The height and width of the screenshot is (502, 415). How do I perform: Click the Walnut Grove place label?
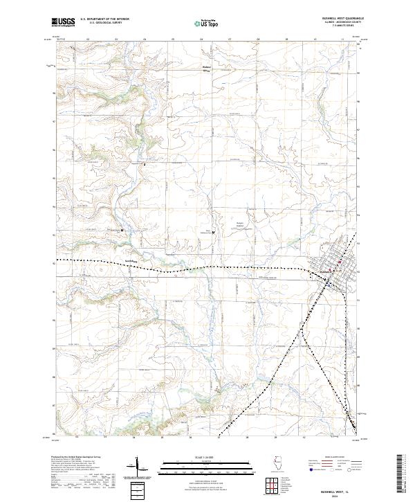coord(205,69)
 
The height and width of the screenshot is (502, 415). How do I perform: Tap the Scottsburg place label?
coord(131,261)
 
